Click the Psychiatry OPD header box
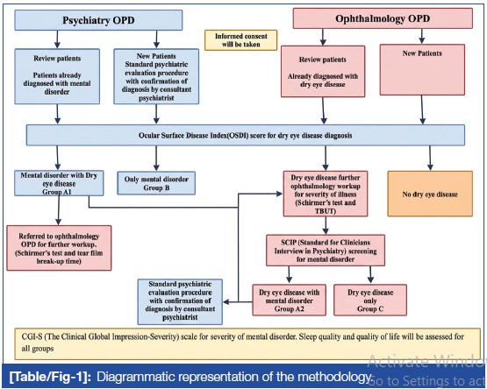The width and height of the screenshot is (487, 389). (x=98, y=20)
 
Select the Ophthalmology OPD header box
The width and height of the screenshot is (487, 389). (x=383, y=18)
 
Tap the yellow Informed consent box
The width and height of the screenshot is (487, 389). (x=240, y=40)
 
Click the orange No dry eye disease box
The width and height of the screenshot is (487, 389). (x=430, y=194)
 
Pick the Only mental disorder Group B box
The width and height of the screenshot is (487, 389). (x=156, y=183)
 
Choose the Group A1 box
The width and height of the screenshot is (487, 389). (x=59, y=183)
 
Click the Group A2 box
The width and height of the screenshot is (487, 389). (x=290, y=300)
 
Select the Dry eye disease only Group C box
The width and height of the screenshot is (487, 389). (x=370, y=300)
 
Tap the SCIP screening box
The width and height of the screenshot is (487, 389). (x=326, y=251)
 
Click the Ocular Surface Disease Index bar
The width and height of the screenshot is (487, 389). (x=246, y=135)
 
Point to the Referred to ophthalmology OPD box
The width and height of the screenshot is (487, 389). (x=59, y=248)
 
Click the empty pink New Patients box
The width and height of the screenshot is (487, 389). (x=422, y=69)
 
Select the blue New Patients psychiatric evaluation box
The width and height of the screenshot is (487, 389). (x=156, y=76)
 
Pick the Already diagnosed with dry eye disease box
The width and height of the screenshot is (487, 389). (x=323, y=71)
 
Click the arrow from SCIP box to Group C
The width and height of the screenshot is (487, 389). (x=370, y=275)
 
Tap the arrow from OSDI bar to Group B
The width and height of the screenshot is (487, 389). (x=156, y=159)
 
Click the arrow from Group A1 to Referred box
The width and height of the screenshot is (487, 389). (x=59, y=210)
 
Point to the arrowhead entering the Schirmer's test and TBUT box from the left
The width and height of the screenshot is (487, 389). (x=279, y=194)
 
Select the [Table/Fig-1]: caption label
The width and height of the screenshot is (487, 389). (x=50, y=377)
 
